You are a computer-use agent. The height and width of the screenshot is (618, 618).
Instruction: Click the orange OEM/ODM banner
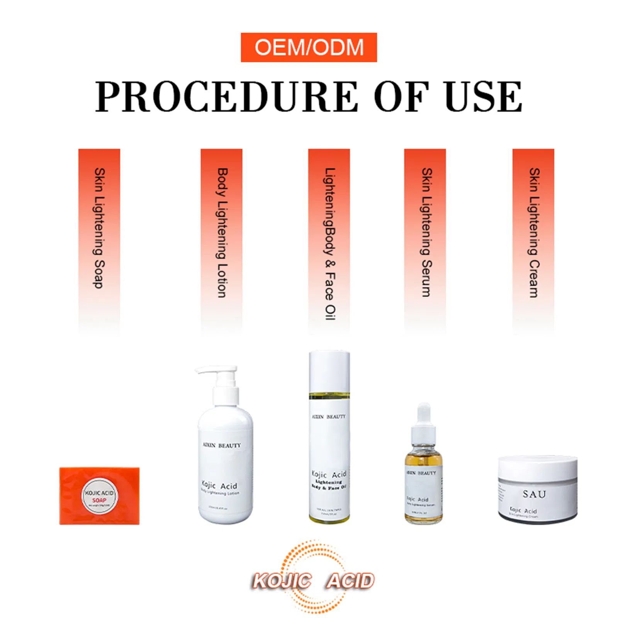[309, 47]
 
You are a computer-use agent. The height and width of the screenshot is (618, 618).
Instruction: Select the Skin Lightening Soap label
[99, 228]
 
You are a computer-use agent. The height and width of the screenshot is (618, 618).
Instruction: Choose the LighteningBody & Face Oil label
[329, 243]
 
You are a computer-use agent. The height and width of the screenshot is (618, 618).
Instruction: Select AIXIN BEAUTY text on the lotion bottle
[222, 445]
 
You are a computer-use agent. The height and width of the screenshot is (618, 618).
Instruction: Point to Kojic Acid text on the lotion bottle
[219, 485]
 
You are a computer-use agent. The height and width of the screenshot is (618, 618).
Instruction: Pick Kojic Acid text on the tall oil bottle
[329, 474]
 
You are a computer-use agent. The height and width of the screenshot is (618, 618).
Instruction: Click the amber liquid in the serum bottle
[424, 460]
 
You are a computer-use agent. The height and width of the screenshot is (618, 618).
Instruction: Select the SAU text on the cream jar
[534, 494]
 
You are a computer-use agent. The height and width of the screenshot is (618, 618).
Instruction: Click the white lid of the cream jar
[538, 467]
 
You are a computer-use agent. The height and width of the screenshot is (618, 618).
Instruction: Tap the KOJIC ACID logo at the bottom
[313, 581]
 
